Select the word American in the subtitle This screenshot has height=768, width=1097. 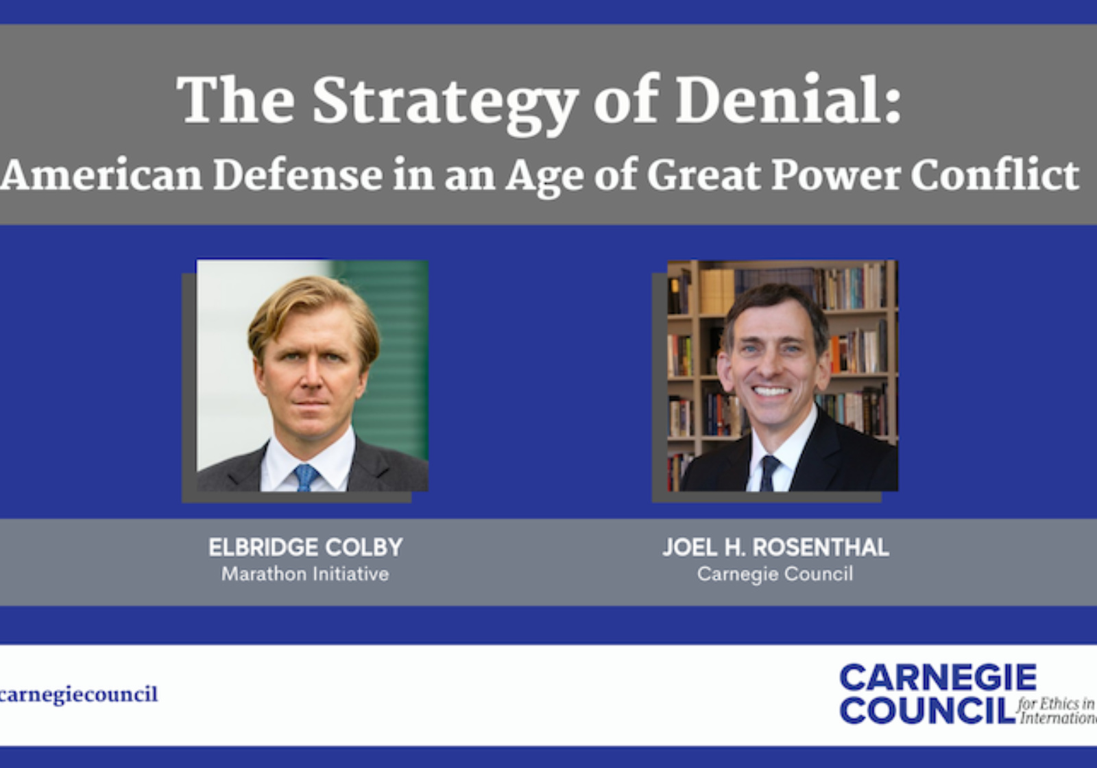click(101, 175)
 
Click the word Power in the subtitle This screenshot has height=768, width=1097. click(835, 175)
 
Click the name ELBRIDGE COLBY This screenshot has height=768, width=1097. click(306, 547)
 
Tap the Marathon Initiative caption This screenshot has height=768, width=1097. click(305, 574)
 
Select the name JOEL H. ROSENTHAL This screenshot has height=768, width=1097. click(775, 547)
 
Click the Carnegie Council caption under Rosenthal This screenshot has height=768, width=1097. click(775, 574)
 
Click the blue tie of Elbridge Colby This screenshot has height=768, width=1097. click(305, 477)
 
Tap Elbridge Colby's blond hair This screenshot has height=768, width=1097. click(312, 302)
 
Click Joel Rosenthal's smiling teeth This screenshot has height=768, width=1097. click(772, 392)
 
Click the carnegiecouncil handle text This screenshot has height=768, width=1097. click(79, 695)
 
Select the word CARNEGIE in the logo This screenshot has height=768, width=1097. click(938, 678)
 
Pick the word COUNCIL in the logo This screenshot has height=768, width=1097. click(927, 710)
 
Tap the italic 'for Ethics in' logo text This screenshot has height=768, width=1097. click(1056, 704)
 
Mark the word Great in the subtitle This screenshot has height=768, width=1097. click(703, 175)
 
